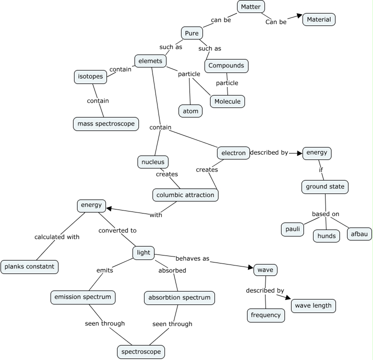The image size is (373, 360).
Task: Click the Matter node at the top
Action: point(250,6)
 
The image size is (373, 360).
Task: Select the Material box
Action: point(319,19)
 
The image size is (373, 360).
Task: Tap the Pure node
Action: point(191,33)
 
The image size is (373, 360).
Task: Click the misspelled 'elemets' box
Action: point(150,61)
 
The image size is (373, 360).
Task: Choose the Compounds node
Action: point(226,65)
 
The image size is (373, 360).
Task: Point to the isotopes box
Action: point(90,76)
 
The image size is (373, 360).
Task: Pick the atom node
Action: point(190,110)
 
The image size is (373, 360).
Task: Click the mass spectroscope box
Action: point(105,123)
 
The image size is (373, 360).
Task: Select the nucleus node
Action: point(152,162)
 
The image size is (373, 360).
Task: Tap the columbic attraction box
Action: point(185,194)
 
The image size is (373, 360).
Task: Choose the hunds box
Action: point(327,235)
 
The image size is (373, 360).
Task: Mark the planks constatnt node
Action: point(29,267)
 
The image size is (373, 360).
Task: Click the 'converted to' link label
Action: point(117,230)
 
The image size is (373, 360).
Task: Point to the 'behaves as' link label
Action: point(192,259)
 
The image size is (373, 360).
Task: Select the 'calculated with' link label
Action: point(57,237)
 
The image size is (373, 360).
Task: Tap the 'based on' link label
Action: point(325,214)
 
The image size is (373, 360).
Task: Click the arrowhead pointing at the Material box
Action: point(299,16)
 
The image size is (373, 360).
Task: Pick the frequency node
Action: point(266,315)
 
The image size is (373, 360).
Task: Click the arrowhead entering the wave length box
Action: point(287,298)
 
